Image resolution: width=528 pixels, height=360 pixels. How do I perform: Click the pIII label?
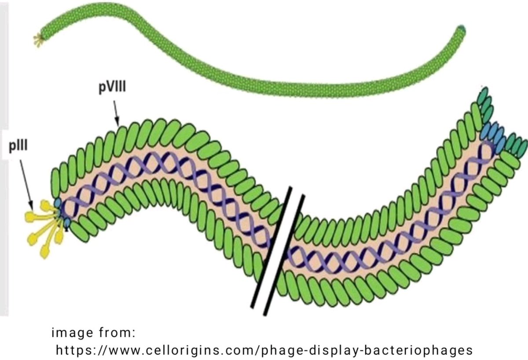pyautogui.click(x=19, y=145)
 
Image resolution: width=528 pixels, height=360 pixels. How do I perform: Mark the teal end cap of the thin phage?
pyautogui.click(x=461, y=30)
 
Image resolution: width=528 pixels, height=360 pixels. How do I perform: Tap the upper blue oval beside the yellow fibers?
pyautogui.click(x=58, y=203)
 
